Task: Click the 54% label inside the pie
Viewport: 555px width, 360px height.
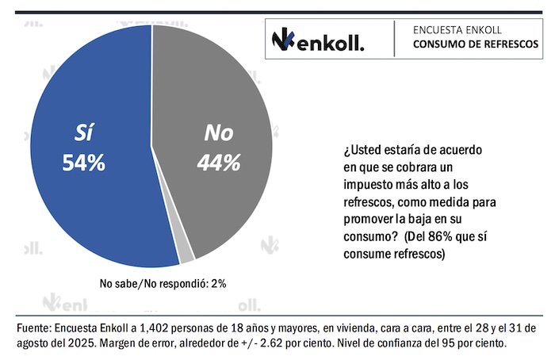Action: pyautogui.click(x=83, y=163)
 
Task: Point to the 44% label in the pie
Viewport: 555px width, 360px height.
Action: pyautogui.click(x=219, y=163)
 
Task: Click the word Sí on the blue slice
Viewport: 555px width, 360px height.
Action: pyautogui.click(x=83, y=133)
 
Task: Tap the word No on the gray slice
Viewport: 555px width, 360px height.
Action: pyautogui.click(x=219, y=132)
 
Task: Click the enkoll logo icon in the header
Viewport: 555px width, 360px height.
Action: pyautogui.click(x=282, y=39)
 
